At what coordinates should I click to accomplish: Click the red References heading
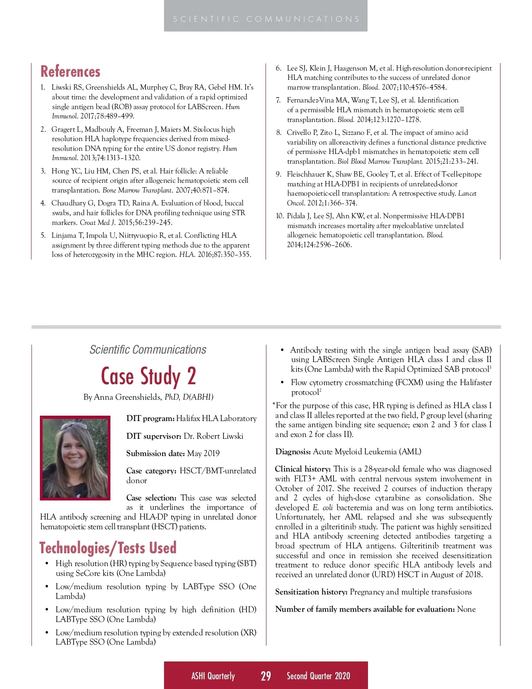point(70,72)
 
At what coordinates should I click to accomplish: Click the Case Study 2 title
point(148,376)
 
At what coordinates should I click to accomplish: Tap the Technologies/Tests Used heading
point(108,548)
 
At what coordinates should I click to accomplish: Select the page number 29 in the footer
point(266,676)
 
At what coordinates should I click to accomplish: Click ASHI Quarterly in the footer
point(213,676)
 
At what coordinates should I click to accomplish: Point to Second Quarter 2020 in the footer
point(318,676)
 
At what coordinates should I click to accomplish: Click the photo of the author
point(75,458)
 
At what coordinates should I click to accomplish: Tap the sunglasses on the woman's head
point(74,426)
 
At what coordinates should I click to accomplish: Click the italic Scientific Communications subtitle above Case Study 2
point(148,350)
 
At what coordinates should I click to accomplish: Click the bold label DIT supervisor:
point(153,436)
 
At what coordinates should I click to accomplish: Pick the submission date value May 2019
point(203,453)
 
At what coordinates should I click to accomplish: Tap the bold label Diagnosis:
point(293,452)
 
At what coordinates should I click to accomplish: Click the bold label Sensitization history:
point(311,592)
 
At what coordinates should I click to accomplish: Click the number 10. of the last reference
point(280,216)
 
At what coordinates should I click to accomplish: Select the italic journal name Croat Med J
point(97,222)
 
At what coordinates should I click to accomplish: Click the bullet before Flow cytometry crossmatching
point(282,382)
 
